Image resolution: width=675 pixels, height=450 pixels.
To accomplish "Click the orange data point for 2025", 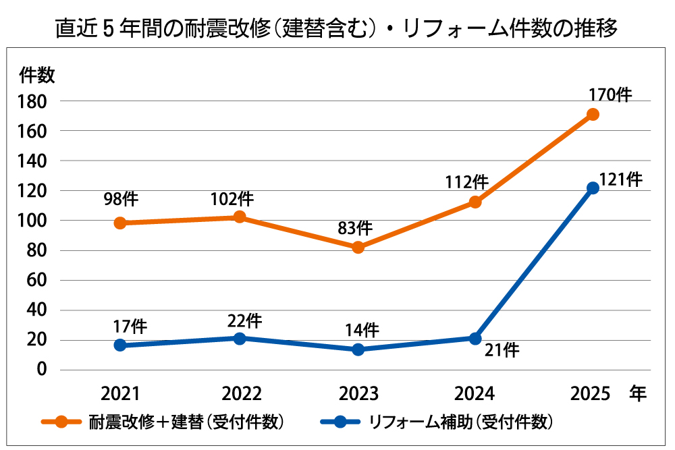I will [593, 115].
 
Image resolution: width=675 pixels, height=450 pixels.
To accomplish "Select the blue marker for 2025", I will [593, 188].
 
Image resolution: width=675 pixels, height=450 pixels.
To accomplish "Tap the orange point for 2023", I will [358, 248].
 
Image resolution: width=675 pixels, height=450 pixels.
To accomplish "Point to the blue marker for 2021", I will [120, 345].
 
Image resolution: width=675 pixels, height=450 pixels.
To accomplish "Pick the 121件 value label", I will [620, 180].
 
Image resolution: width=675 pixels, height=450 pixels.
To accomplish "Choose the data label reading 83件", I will [355, 229].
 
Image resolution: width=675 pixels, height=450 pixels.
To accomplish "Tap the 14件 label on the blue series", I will [362, 330].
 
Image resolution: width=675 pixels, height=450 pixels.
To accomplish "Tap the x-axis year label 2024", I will [476, 394].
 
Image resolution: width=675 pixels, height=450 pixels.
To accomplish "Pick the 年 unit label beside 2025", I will [637, 393].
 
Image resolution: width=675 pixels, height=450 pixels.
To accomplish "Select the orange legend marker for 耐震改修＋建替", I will [60, 423].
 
